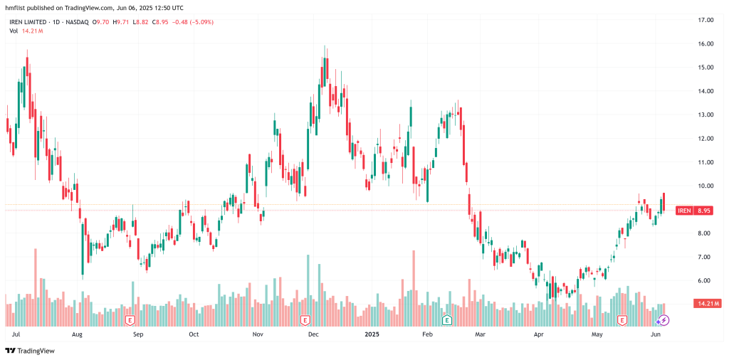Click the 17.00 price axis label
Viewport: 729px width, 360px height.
pyautogui.click(x=706, y=20)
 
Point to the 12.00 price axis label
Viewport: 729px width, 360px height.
pyautogui.click(x=706, y=138)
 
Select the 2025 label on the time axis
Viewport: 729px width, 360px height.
pyautogui.click(x=373, y=333)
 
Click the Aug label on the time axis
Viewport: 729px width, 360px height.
pyautogui.click(x=77, y=333)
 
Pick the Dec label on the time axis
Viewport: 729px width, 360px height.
pyautogui.click(x=312, y=333)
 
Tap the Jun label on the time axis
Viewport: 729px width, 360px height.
pyautogui.click(x=656, y=333)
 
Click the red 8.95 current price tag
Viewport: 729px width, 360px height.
pyautogui.click(x=704, y=211)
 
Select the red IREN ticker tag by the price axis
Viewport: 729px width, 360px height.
pyautogui.click(x=684, y=211)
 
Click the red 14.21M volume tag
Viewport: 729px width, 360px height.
pyautogui.click(x=708, y=304)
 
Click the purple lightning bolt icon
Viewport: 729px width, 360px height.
pyautogui.click(x=664, y=321)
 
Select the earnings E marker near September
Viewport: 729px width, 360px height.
pyautogui.click(x=130, y=320)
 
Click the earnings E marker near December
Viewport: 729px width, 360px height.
pyautogui.click(x=305, y=320)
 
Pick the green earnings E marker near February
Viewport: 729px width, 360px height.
pyautogui.click(x=447, y=320)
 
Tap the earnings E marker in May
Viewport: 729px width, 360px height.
pyautogui.click(x=622, y=320)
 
